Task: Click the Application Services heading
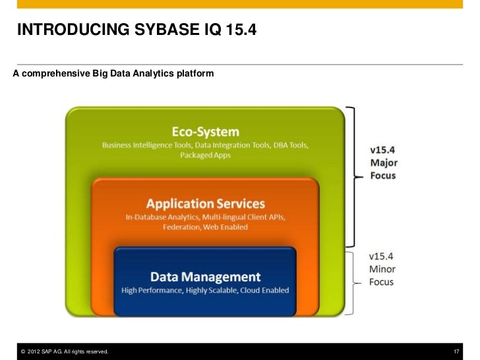(x=205, y=203)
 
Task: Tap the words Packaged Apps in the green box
(x=205, y=156)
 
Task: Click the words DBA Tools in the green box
(x=287, y=144)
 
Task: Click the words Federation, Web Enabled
(x=205, y=227)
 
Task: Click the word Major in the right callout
(x=383, y=163)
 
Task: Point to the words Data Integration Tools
(x=233, y=144)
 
